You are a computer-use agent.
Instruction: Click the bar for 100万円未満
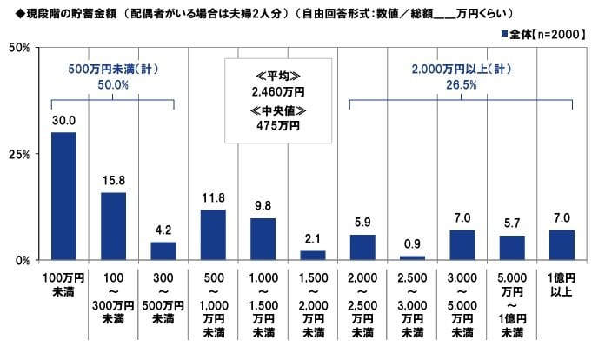coord(63,197)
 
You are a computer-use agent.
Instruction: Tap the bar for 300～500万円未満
coord(163,250)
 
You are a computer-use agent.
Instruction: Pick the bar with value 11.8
coord(213,235)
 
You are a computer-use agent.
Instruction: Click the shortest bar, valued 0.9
coord(412,257)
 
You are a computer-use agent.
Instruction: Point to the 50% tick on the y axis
coord(19,48)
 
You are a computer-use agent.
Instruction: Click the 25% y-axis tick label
coord(19,154)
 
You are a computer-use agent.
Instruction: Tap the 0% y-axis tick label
coord(23,260)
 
